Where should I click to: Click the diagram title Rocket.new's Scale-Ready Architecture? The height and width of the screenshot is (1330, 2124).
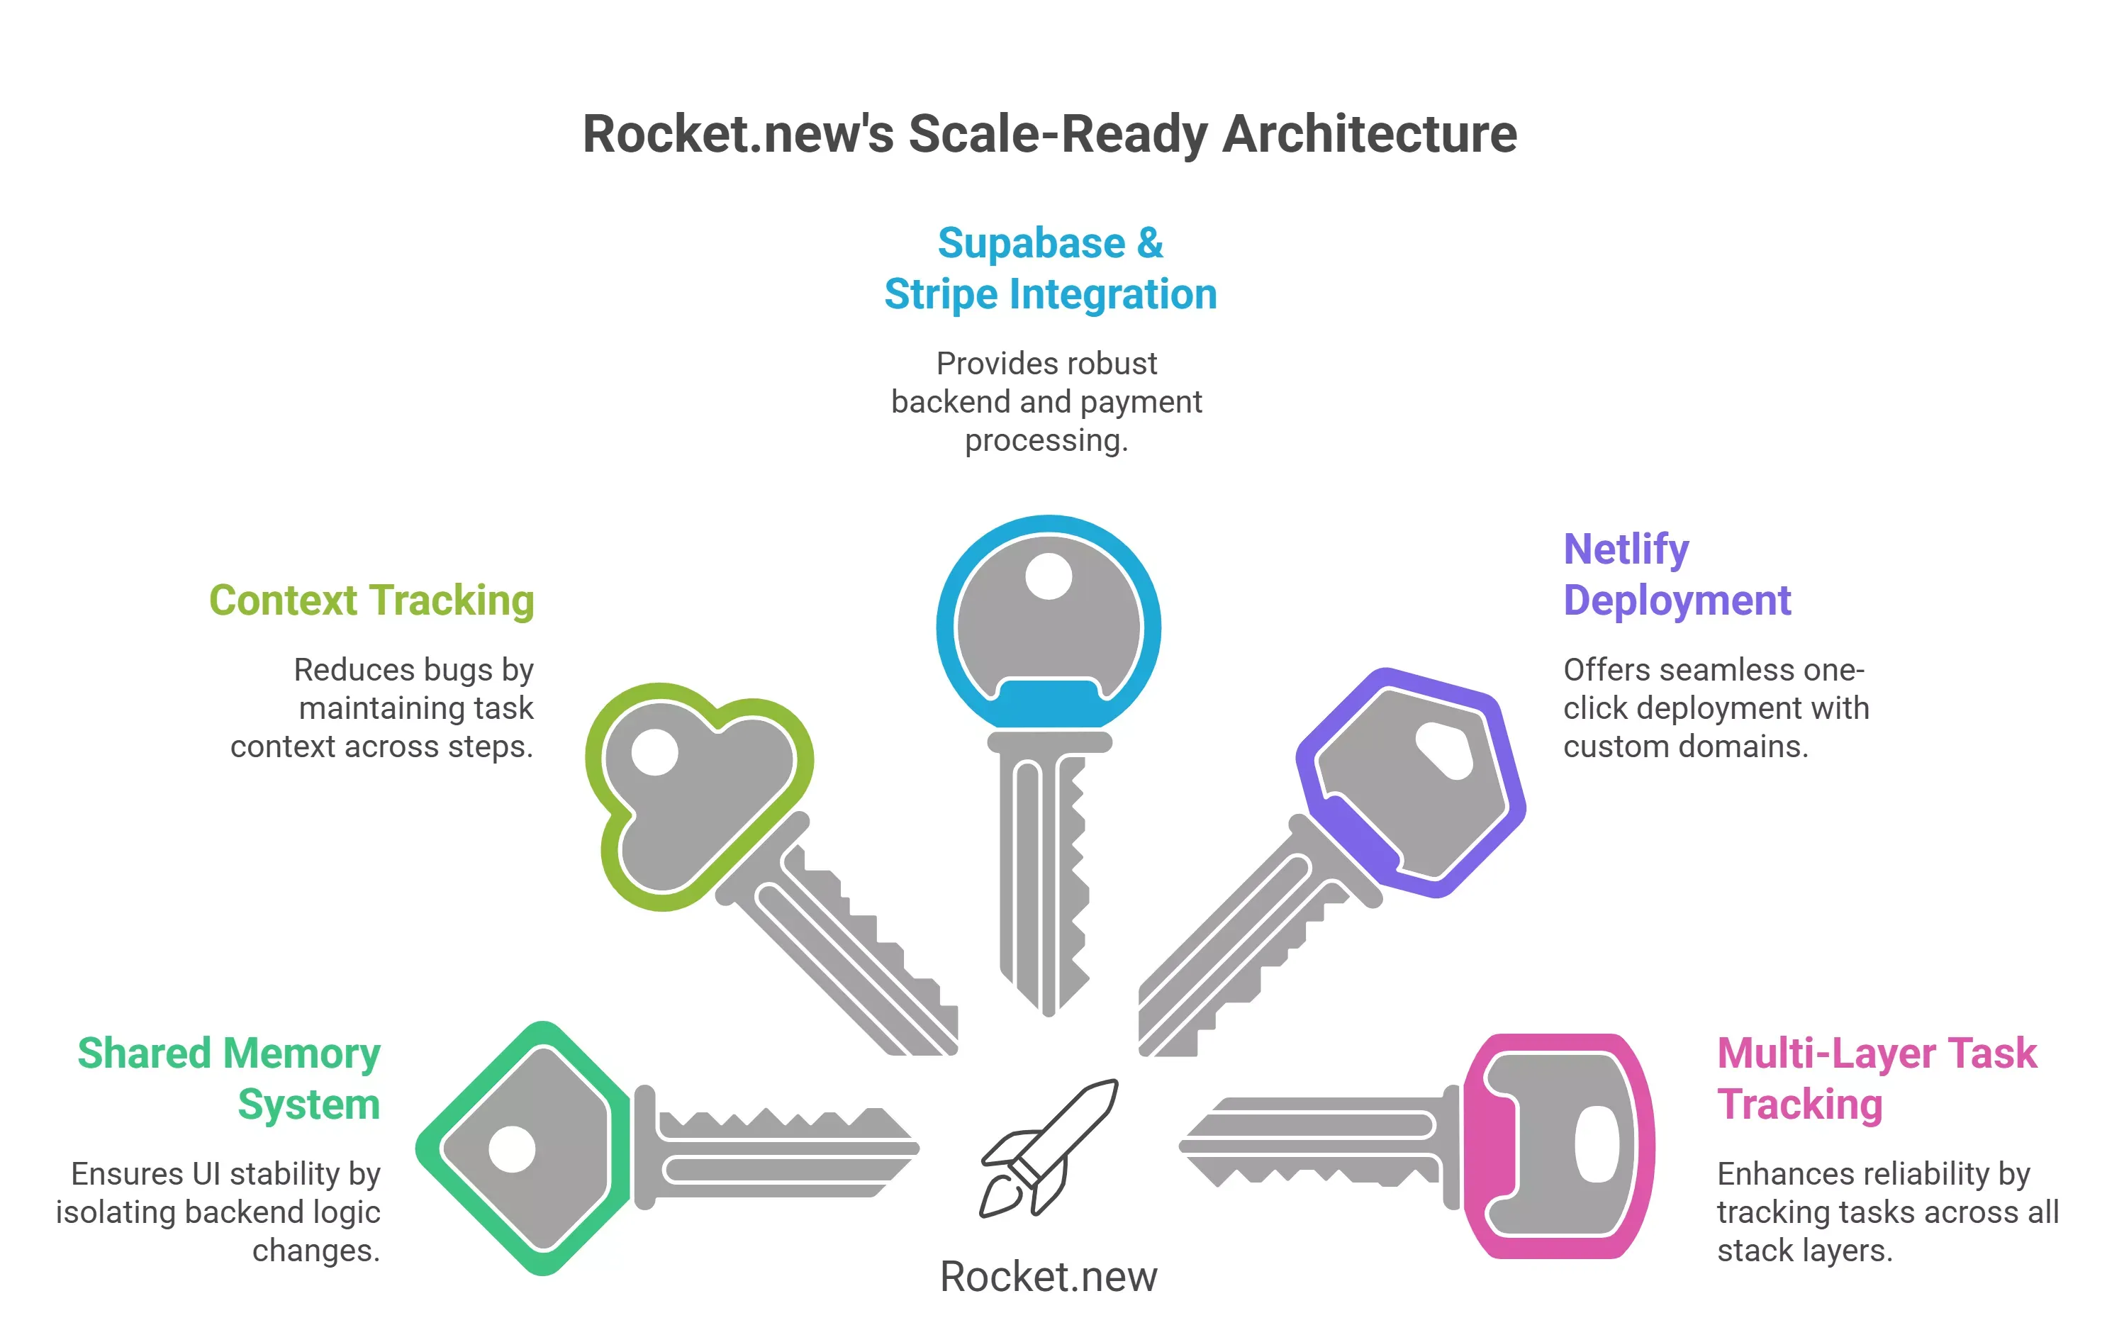coord(1049,134)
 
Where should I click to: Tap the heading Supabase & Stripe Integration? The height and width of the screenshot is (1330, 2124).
coord(1050,268)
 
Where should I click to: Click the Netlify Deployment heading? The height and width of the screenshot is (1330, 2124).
coord(1677,575)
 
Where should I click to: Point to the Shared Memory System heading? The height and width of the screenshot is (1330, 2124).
coord(229,1078)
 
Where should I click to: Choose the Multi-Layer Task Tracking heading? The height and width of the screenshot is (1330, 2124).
coord(1877,1078)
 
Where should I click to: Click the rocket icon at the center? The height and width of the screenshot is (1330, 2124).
coord(1049,1148)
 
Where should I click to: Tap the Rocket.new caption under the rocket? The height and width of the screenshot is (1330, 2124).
coord(1049,1276)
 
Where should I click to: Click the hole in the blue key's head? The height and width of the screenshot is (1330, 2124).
coord(1049,576)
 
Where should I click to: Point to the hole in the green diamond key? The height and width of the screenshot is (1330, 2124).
coord(512,1149)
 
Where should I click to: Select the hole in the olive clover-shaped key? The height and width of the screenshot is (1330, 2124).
coord(654,752)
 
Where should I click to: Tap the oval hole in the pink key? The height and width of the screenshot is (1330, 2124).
coord(1597,1144)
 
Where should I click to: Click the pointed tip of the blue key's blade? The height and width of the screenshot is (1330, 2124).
coord(1048,1015)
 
